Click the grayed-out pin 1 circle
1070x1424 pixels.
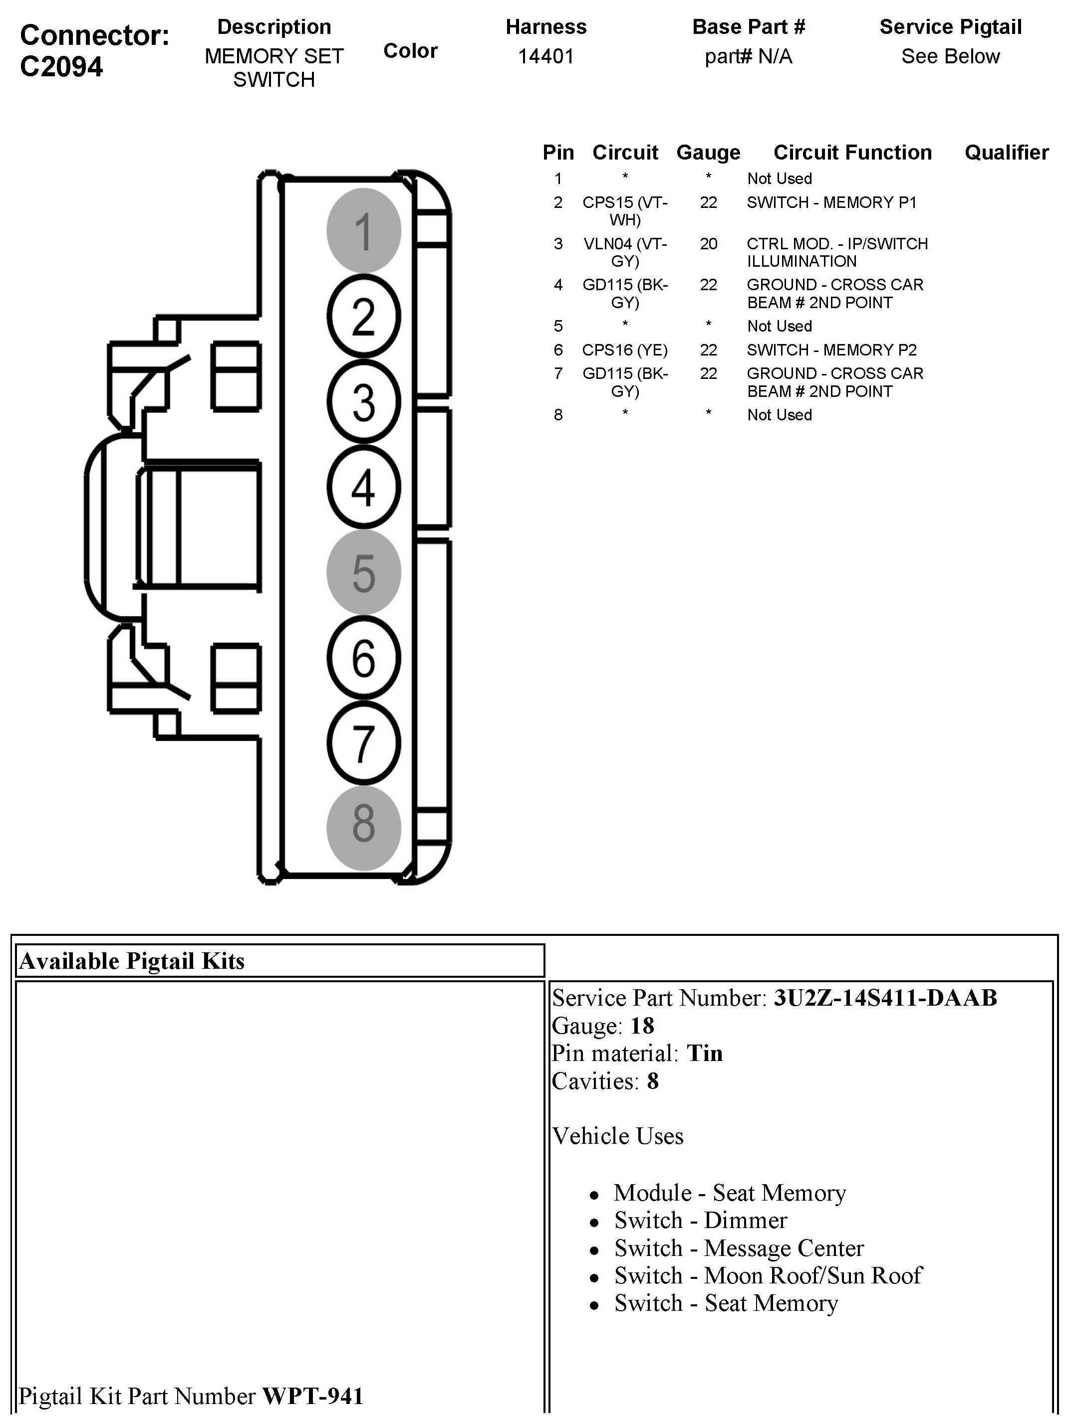pos(363,230)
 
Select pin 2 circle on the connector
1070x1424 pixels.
pos(363,316)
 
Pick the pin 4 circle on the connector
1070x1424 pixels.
pos(363,487)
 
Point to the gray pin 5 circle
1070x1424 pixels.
pos(363,572)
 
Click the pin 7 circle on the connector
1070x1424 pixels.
pos(363,743)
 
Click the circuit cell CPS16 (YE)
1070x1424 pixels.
pos(624,350)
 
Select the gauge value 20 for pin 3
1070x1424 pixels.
pos(708,244)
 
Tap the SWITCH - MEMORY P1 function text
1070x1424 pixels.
pos(831,203)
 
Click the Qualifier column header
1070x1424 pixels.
pos(1006,153)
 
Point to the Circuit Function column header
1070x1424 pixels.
pos(852,153)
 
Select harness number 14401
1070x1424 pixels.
pos(545,57)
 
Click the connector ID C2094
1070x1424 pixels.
pos(61,67)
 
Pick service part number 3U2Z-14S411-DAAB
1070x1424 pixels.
pos(885,998)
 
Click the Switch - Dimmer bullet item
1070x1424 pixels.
pos(700,1221)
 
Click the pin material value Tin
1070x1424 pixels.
pos(704,1053)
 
